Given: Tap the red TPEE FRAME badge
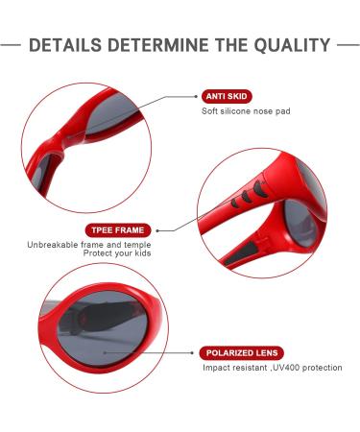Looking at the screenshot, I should [116, 230].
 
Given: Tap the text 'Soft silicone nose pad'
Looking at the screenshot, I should [246, 111].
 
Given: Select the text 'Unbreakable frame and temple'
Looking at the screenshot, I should [89, 245].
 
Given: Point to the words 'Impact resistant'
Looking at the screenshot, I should [233, 368].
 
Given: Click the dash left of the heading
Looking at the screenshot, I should [12, 45].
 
